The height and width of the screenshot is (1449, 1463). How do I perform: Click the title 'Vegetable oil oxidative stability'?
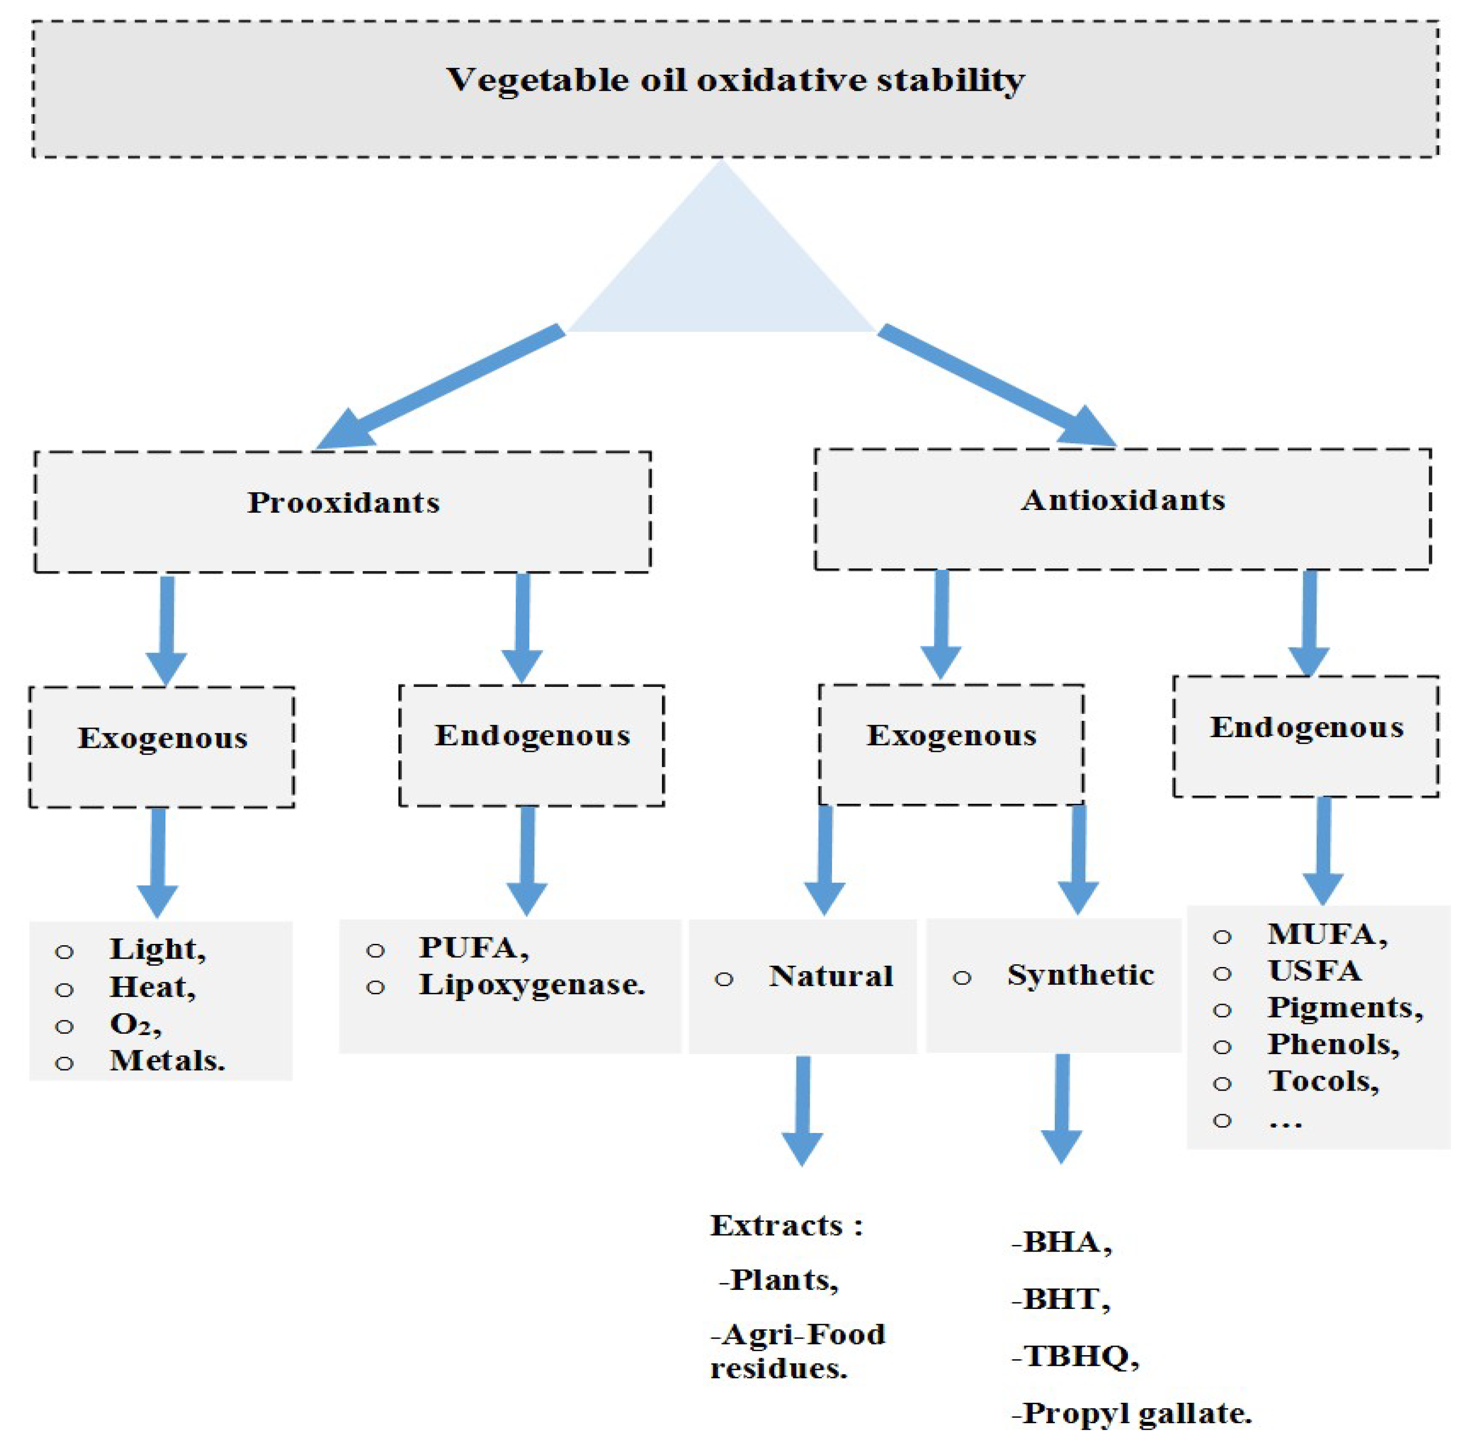click(735, 80)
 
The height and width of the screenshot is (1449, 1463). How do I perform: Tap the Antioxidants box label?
click(1122, 500)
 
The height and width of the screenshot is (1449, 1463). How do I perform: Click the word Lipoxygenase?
click(531, 984)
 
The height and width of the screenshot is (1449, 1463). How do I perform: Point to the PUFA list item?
click(473, 947)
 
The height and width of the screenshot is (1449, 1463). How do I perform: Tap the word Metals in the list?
click(167, 1061)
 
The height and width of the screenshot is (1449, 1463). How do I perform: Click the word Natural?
click(831, 976)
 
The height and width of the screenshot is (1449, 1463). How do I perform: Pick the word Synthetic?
click(1080, 975)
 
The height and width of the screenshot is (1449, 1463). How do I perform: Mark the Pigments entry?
click(1345, 1007)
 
